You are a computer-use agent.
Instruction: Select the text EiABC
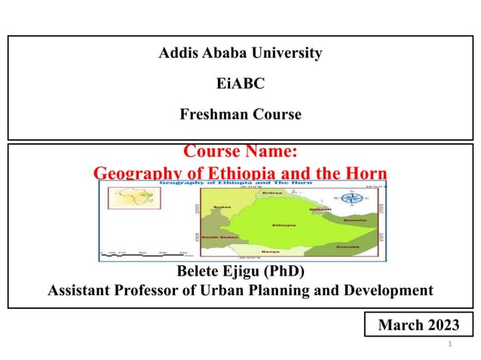(240, 84)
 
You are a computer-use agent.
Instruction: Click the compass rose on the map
(350, 200)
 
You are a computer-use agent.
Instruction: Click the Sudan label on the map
(222, 206)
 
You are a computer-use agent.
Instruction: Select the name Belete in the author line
(199, 272)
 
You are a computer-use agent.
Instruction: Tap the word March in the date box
(401, 325)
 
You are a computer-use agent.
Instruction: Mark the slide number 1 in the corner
(449, 344)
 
